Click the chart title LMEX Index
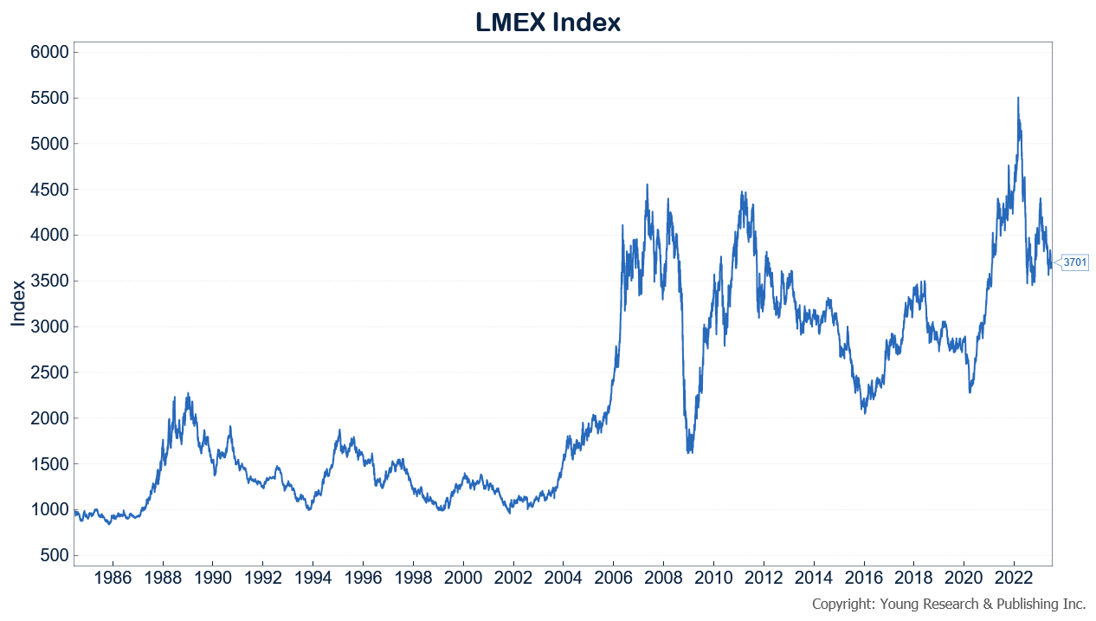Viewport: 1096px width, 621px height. point(548,22)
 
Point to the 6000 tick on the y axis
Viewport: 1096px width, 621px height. point(48,52)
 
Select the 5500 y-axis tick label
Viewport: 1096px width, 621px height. point(48,98)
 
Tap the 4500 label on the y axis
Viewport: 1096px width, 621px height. point(48,190)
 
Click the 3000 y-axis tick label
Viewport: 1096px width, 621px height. point(48,327)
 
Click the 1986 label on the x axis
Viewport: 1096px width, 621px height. point(113,577)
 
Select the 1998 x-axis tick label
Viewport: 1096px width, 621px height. point(413,577)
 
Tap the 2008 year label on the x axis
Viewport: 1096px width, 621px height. point(663,577)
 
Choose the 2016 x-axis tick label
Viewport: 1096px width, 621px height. point(863,577)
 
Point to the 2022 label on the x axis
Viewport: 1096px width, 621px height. point(1014,577)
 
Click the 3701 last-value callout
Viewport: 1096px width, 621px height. point(1074,262)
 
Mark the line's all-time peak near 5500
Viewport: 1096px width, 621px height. point(1018,98)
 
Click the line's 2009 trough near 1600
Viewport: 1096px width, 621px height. point(690,452)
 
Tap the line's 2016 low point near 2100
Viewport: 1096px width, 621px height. point(864,412)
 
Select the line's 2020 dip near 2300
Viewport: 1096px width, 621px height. point(970,392)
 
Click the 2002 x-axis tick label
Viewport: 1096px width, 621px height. point(513,577)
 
